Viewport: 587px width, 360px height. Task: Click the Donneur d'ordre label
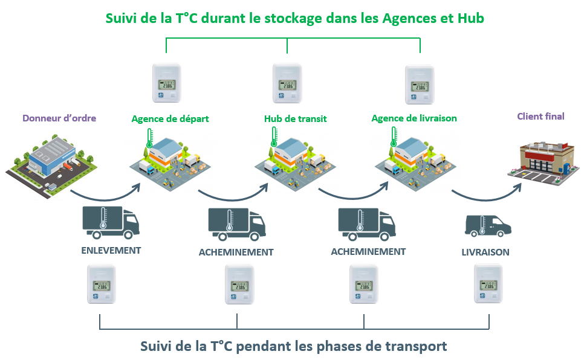[x=59, y=118]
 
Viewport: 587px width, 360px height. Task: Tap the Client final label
[x=540, y=116]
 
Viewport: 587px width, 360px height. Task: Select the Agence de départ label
[x=170, y=118]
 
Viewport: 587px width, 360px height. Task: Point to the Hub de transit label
[x=295, y=118]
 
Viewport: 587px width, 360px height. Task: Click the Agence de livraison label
[x=414, y=118]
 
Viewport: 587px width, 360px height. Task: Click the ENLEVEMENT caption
[x=111, y=250]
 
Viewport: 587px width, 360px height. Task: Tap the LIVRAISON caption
[x=485, y=252]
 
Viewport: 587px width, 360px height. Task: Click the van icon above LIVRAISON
[x=487, y=226]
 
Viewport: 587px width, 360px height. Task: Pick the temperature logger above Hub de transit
[x=287, y=83]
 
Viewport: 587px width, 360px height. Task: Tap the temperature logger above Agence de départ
[x=166, y=83]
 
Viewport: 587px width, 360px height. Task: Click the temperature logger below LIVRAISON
[x=488, y=284]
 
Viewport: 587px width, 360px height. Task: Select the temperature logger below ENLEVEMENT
[x=101, y=284]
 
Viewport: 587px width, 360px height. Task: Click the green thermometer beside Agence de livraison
[x=394, y=138]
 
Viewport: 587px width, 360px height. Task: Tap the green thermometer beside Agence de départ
[x=149, y=138]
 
